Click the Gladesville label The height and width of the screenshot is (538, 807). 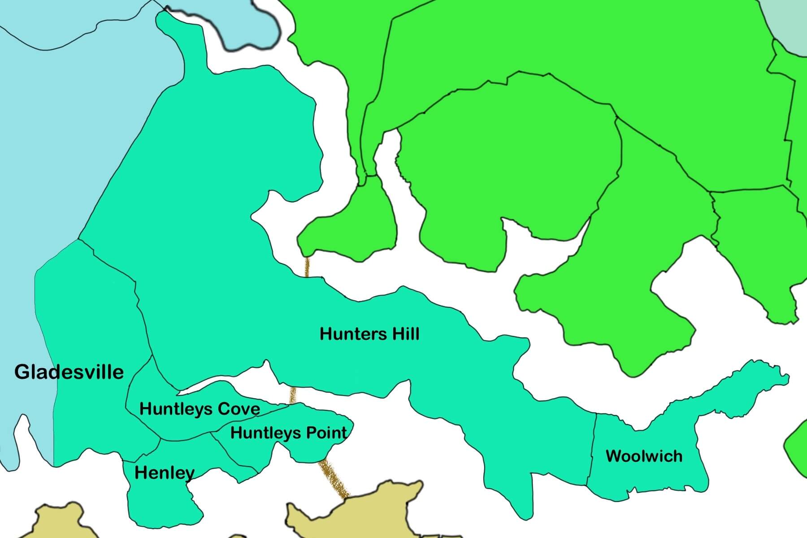click(69, 373)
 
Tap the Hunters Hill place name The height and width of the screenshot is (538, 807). click(369, 334)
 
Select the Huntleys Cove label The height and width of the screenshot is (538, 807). click(200, 409)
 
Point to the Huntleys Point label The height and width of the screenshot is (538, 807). click(288, 433)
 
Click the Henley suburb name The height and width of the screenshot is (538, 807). click(165, 473)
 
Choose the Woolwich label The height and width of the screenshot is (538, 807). click(644, 456)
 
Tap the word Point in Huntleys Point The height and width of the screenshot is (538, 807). click(326, 433)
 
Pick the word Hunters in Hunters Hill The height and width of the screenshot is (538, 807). click(351, 334)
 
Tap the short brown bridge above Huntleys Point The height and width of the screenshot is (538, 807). click(293, 395)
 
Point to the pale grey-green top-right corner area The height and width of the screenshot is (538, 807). click(789, 22)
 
